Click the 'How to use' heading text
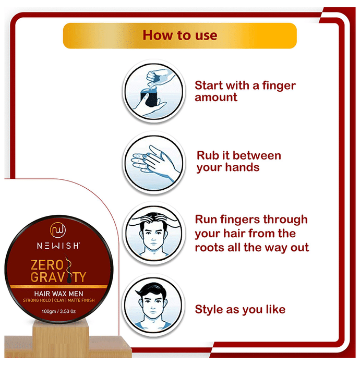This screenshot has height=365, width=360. point(180,35)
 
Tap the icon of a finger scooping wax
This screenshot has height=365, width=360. point(154,91)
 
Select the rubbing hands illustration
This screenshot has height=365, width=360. point(154,163)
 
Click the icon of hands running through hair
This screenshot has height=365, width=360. point(154,234)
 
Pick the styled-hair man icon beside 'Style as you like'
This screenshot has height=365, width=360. point(154,305)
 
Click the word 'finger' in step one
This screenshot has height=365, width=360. point(279,86)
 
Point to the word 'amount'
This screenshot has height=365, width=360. point(216,98)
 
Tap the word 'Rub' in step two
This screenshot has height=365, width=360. point(208,155)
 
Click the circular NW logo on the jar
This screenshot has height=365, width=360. point(58,230)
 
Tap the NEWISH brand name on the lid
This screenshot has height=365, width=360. point(58,246)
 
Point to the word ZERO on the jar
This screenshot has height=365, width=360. point(47,265)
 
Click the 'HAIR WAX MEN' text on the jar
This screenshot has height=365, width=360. point(58,294)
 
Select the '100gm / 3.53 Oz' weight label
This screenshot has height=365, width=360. point(58,311)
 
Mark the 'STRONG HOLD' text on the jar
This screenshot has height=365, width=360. point(37,300)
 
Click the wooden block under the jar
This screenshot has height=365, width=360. point(61,339)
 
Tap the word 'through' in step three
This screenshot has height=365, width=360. point(285,220)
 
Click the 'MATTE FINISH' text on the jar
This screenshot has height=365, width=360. point(81,300)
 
